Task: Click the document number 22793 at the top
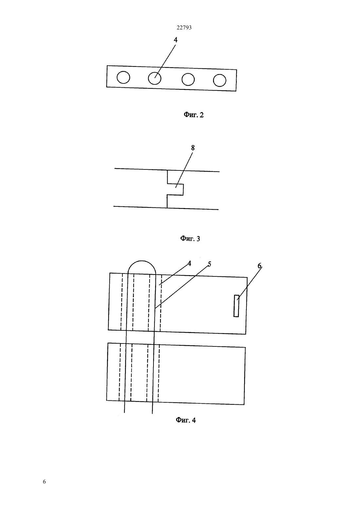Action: (x=184, y=28)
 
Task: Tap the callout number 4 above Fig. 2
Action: (x=175, y=40)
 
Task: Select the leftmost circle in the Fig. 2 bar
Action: (x=123, y=77)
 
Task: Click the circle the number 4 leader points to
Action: (x=154, y=79)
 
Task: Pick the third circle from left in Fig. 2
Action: (x=188, y=79)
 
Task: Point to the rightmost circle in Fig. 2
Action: (x=220, y=80)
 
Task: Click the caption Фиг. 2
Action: (x=194, y=115)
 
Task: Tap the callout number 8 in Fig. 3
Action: (x=193, y=148)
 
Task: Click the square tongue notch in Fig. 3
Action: (x=175, y=189)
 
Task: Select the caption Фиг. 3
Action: (x=190, y=238)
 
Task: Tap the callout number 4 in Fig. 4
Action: (x=189, y=263)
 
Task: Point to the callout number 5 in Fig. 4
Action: (x=209, y=264)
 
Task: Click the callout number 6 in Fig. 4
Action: (x=260, y=266)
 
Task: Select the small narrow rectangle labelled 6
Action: (x=236, y=306)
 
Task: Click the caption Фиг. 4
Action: (x=186, y=420)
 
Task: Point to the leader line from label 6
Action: (x=249, y=283)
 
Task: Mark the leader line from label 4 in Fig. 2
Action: (x=165, y=61)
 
